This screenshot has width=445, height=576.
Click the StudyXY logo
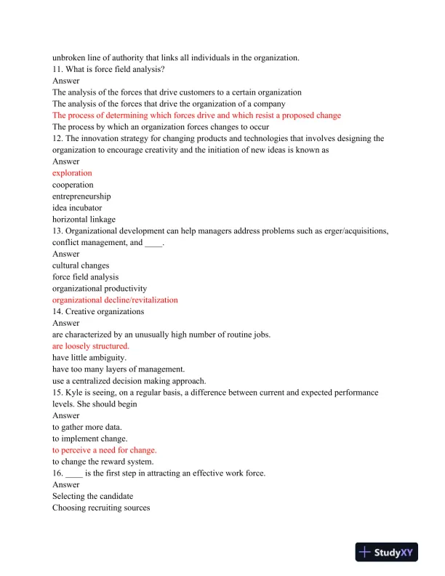tap(387, 553)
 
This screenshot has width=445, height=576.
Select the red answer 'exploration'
tap(72, 173)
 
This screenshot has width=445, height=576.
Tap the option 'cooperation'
tap(73, 185)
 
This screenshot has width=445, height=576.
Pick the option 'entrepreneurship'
tap(81, 196)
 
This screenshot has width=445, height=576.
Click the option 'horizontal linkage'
tap(84, 220)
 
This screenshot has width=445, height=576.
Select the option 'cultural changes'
tap(81, 265)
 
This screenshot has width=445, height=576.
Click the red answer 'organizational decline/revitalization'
tap(115, 300)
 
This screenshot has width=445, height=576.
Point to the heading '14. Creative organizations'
tap(98, 311)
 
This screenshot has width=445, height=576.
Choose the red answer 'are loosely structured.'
tap(91, 346)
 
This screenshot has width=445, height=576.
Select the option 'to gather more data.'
tap(88, 427)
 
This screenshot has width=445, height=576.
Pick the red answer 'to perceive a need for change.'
tap(104, 450)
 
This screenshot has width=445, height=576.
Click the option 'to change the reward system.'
tap(103, 462)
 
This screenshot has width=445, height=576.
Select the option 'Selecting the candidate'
tap(90, 496)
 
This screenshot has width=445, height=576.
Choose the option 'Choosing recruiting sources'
tap(101, 508)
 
